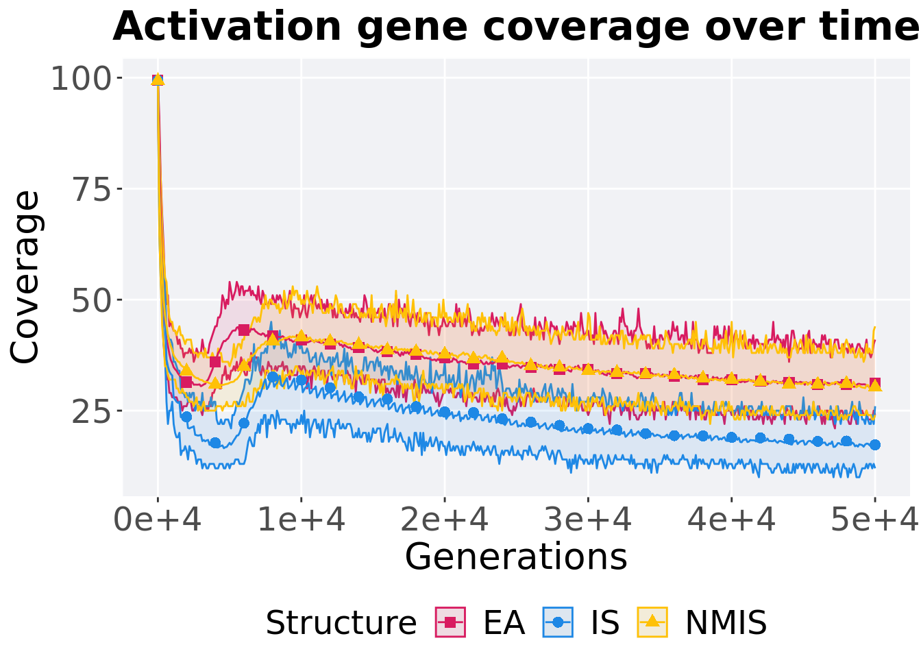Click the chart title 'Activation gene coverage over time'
point(515,27)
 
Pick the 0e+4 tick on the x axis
point(158,521)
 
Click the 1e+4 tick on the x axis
point(301,521)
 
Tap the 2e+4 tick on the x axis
point(445,521)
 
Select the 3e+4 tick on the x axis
point(588,521)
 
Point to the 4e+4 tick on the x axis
point(732,521)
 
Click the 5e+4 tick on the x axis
point(875,521)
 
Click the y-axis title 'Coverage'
point(26,278)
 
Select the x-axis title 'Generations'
point(516,557)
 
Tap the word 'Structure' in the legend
point(341,623)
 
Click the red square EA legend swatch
point(450,622)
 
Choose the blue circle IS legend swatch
point(558,622)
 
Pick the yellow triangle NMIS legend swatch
point(652,622)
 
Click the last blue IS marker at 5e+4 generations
point(874,445)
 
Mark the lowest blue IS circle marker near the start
point(215,443)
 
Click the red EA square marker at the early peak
point(244,330)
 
